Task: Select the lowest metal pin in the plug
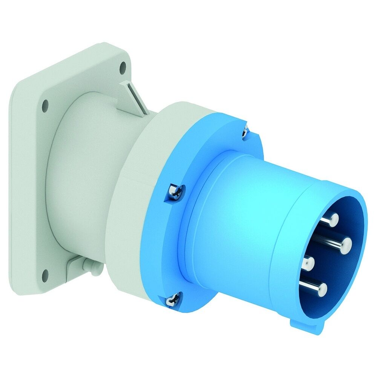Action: click(x=321, y=289)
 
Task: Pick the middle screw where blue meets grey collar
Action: click(x=176, y=192)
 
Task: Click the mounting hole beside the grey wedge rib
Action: click(x=123, y=68)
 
